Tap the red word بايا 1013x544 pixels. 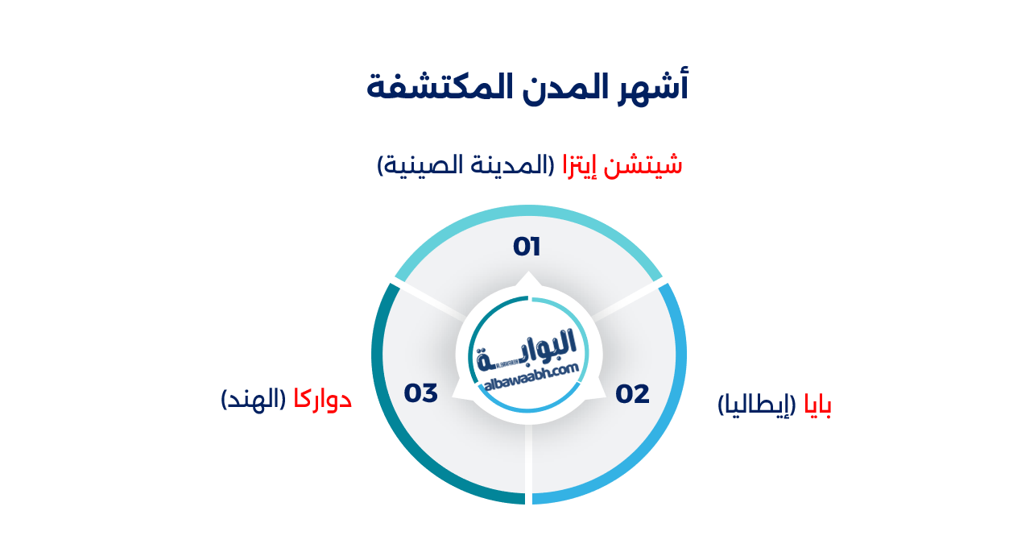tap(817, 405)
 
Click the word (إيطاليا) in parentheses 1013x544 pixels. tap(756, 405)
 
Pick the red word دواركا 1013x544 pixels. tap(322, 398)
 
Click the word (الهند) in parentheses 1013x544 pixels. tap(253, 398)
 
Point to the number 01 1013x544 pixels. tap(527, 247)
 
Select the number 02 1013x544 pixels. tap(632, 394)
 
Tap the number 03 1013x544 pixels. tap(420, 393)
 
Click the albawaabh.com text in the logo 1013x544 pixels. tap(532, 377)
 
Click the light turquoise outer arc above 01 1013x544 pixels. tap(527, 211)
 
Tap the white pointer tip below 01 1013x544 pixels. tap(527, 279)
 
